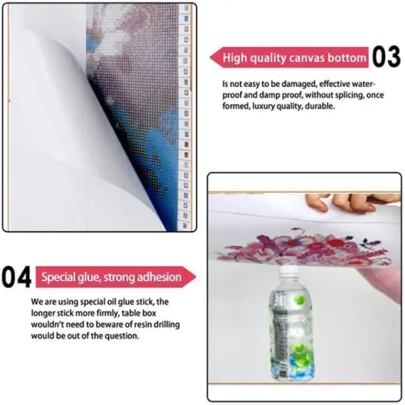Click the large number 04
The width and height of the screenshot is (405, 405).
click(16, 278)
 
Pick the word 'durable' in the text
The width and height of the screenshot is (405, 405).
click(318, 105)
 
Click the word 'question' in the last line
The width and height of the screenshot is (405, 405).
click(121, 336)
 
